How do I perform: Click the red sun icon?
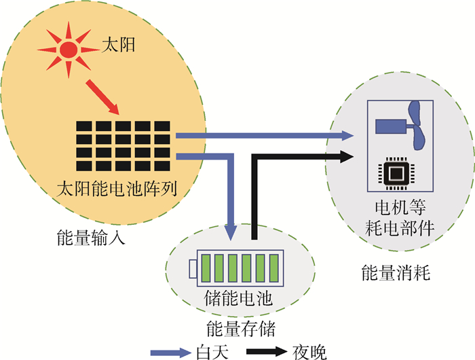point(68,49)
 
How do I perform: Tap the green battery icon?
point(237,267)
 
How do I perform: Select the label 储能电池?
point(238,298)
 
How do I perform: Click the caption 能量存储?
point(239,329)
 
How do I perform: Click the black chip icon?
point(392,175)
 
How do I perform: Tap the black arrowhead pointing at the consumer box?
point(346,156)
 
